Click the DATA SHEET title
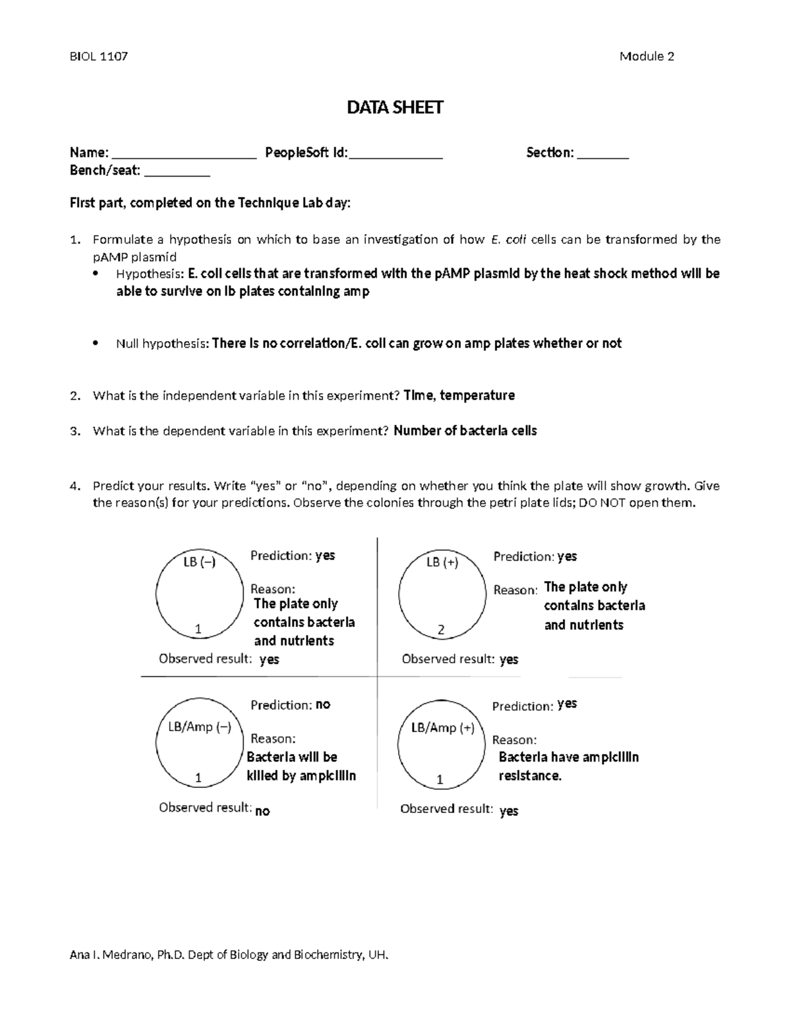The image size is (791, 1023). [395, 107]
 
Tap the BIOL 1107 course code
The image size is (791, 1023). [99, 57]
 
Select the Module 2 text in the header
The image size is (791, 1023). [646, 57]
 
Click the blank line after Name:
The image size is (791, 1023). [184, 157]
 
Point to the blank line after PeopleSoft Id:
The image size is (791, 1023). [395, 157]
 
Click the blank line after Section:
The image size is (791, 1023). [603, 157]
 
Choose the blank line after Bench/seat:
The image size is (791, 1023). [177, 175]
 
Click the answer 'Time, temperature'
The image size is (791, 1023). [459, 395]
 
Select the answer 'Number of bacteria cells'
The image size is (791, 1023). [465, 431]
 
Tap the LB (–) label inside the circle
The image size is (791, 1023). [199, 563]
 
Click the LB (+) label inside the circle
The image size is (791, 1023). [442, 563]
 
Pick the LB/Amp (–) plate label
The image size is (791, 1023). [199, 727]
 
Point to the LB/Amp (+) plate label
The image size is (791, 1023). [442, 728]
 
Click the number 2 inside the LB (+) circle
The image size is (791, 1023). [441, 630]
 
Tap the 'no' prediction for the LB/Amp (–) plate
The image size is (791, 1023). [323, 705]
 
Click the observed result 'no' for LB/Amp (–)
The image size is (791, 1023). [262, 812]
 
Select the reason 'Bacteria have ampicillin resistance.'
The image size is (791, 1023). [568, 766]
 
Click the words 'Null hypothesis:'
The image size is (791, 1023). [162, 344]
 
